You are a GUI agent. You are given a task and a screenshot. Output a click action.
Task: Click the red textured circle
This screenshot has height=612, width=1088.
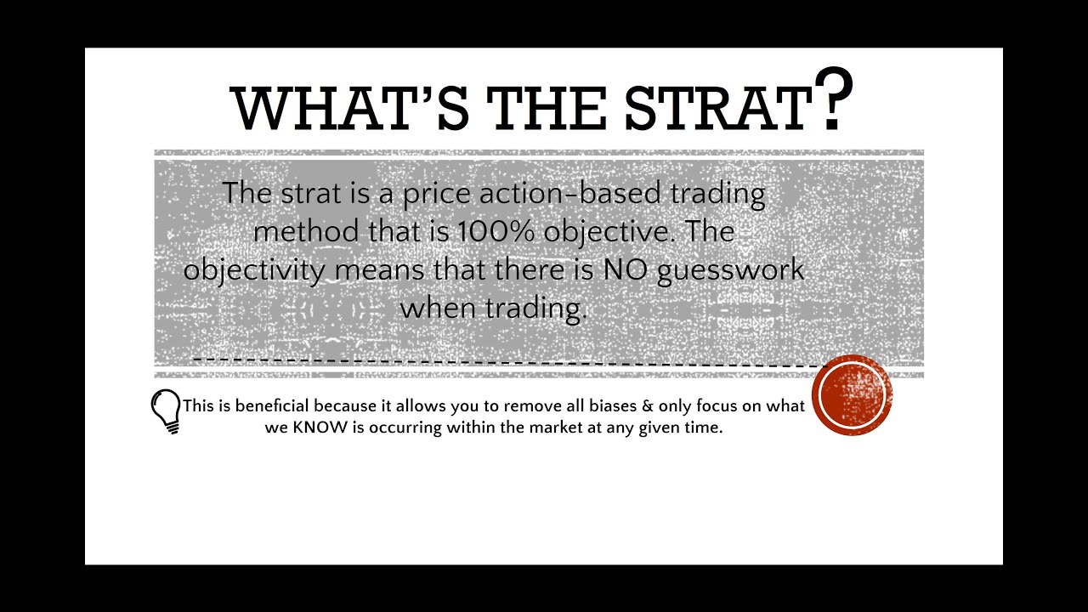point(852,395)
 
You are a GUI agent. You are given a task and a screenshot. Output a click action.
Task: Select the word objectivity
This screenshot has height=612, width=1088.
point(253,270)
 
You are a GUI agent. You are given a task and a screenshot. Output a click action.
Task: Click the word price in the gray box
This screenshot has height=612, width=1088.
point(437,194)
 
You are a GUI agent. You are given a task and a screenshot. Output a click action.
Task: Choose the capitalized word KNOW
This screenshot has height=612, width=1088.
point(320,428)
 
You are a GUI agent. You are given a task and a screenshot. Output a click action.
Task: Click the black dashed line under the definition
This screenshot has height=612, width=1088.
point(510,360)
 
